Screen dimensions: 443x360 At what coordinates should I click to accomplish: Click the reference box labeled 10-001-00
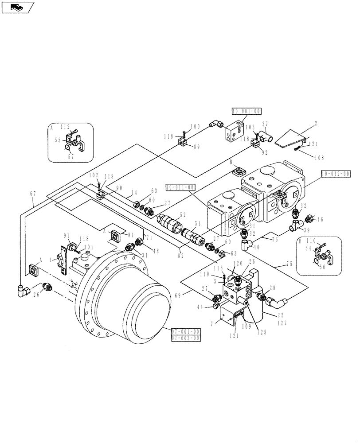coord(245,111)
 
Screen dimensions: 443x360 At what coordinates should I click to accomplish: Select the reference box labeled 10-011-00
coord(180,187)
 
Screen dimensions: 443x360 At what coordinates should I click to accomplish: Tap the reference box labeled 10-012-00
coord(336,173)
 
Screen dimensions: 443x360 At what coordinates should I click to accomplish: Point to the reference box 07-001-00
coord(185,331)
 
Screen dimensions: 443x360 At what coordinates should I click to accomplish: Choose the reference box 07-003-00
coord(185,338)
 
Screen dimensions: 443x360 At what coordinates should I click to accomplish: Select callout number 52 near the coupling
coord(183,214)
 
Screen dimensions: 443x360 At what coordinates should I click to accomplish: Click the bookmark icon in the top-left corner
coord(17,7)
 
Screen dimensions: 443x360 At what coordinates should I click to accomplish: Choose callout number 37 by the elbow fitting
coord(265,124)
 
